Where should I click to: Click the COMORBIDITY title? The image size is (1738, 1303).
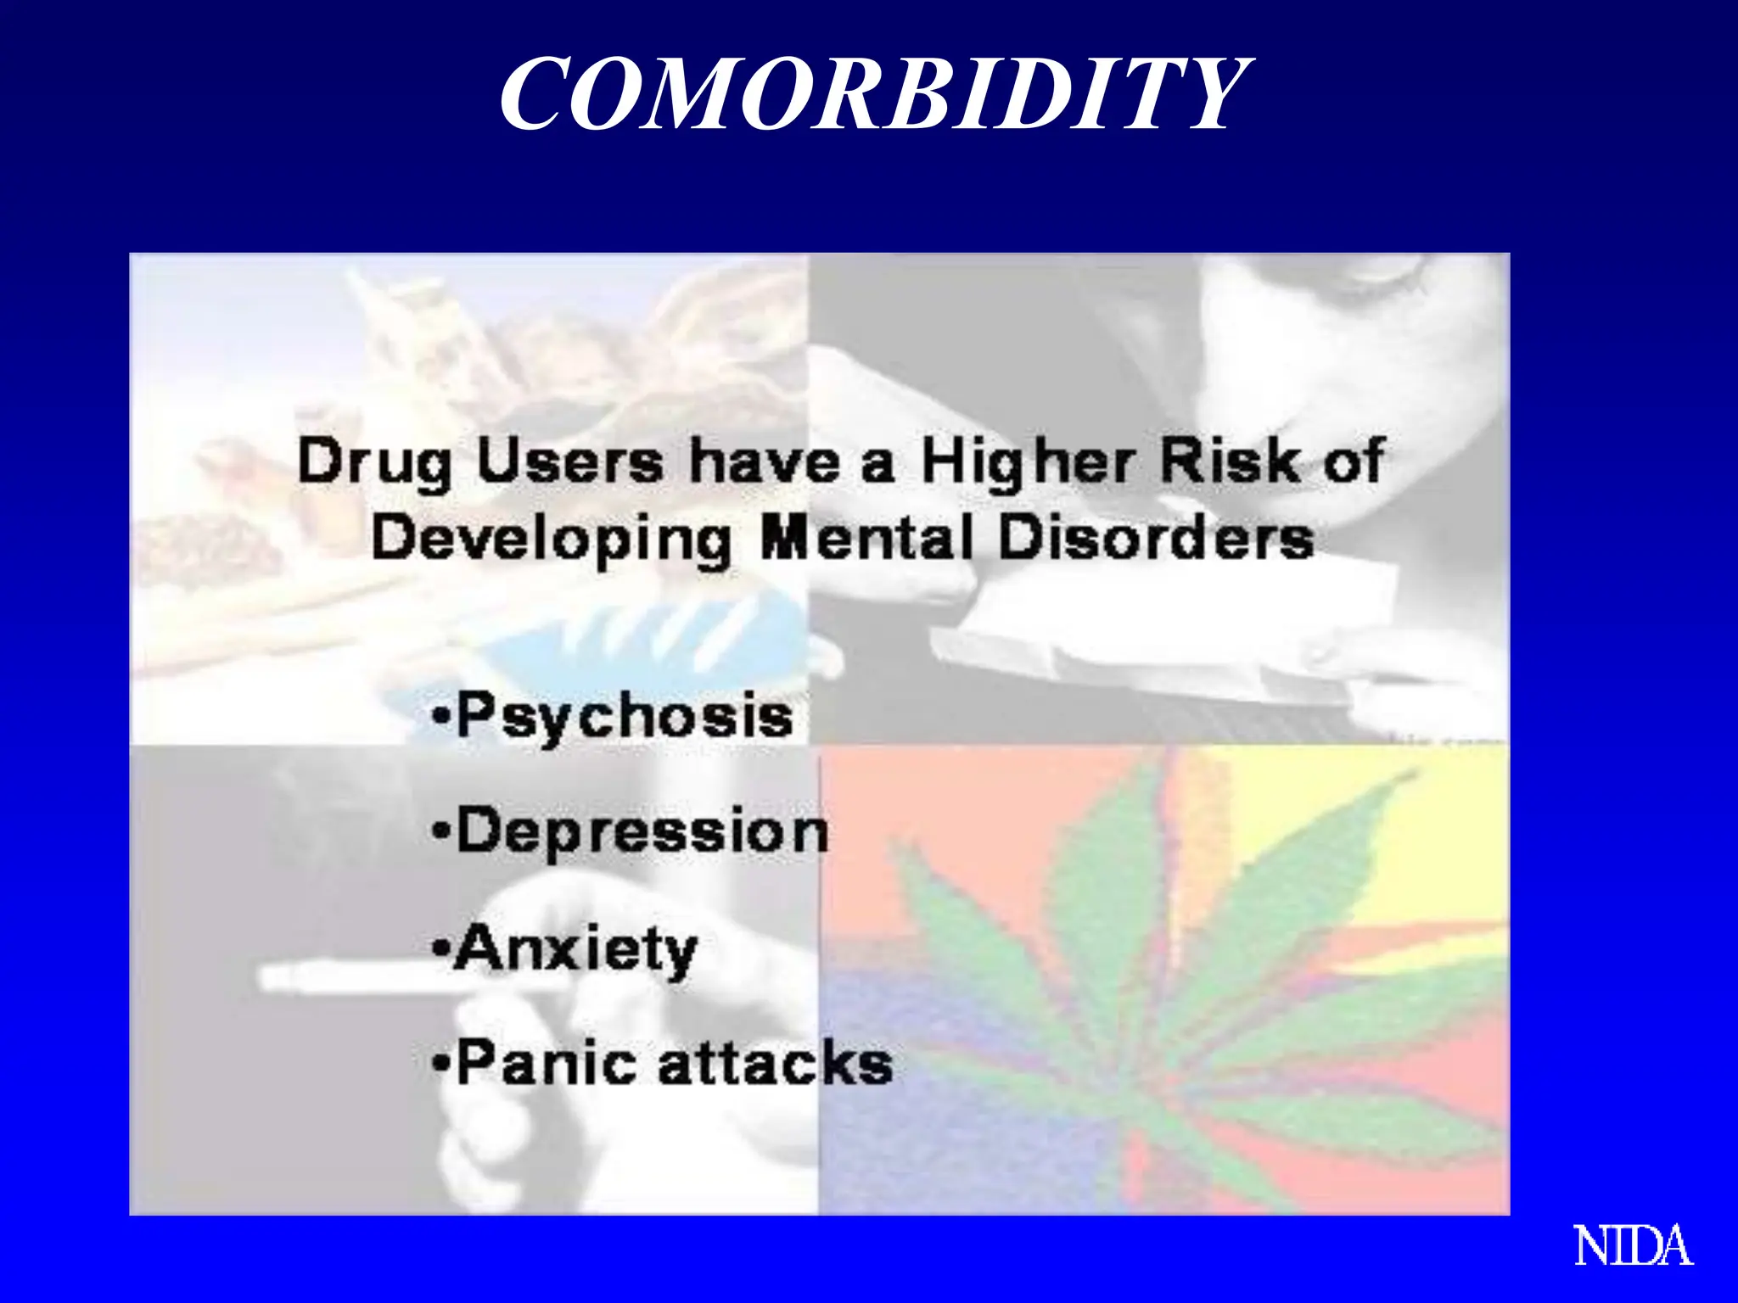[872, 93]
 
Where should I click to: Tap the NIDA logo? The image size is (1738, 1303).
[1633, 1247]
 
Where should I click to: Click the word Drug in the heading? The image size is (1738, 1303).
[375, 464]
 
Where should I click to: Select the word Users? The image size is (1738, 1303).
[569, 462]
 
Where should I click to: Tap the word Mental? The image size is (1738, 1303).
[866, 538]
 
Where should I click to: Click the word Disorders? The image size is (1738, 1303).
[1156, 538]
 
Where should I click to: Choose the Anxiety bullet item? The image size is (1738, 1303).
[565, 950]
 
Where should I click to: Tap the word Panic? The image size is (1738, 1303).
[546, 1062]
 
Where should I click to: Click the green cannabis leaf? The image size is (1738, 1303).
[1188, 976]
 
